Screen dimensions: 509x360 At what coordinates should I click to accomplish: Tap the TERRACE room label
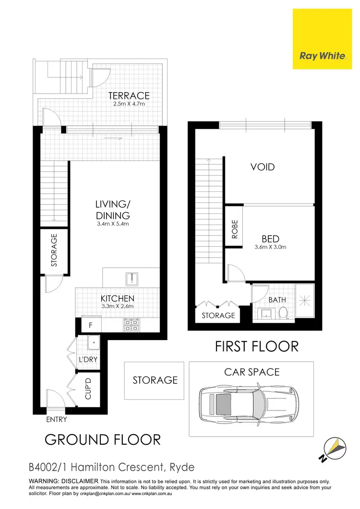coord(128,95)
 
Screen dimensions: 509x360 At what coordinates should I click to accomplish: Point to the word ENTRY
coord(56,419)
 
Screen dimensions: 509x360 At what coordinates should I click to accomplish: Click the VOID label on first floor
coord(263,167)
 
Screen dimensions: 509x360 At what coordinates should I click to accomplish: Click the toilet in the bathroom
coord(283,313)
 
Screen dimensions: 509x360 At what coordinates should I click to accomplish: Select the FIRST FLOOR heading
coord(256,346)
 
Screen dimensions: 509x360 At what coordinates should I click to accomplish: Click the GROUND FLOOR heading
coord(103,439)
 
